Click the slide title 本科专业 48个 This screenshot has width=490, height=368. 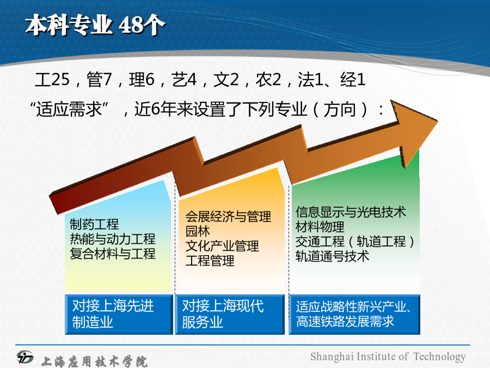95,25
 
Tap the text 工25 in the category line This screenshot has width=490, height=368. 52,80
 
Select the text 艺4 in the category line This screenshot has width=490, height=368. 184,80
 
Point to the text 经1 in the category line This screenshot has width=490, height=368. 353,80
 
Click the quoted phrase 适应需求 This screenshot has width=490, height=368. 69,110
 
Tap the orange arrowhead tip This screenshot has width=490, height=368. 437,121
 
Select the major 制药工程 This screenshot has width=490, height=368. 94,225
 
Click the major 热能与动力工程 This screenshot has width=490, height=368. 113,239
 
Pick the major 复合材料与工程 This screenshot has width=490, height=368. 113,254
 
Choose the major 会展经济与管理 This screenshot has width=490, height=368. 228,216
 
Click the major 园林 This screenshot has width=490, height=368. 198,231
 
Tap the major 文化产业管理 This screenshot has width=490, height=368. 222,246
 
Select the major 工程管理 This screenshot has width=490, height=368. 210,261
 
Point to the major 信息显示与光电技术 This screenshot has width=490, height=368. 351,212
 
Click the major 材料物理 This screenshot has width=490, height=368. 320,227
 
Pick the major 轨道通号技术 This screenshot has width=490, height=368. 332,256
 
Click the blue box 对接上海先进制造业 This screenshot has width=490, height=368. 119,314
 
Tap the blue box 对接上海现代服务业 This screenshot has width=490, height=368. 230,314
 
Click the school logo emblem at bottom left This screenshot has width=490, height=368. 25,357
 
